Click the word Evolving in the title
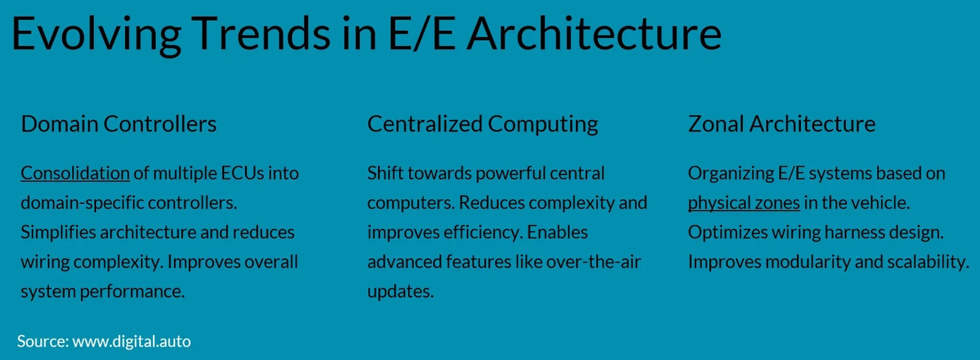(96, 35)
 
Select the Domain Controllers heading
(119, 124)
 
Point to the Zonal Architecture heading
(782, 124)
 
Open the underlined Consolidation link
(75, 173)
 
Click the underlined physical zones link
(744, 203)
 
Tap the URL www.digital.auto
(132, 341)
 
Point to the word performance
(132, 292)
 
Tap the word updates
(401, 292)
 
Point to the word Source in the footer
(43, 341)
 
